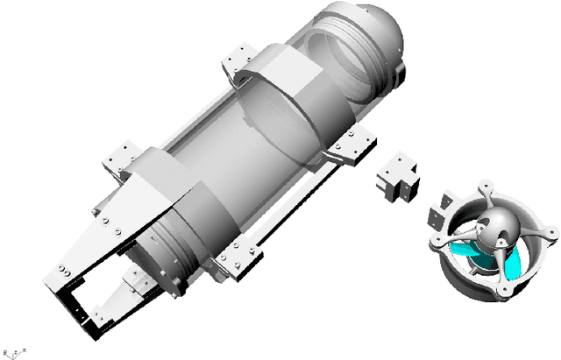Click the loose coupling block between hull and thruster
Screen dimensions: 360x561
click(396, 179)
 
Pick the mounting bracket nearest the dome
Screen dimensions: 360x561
click(238, 59)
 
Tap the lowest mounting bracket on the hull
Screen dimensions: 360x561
click(238, 261)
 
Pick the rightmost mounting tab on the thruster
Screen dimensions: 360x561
click(550, 233)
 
